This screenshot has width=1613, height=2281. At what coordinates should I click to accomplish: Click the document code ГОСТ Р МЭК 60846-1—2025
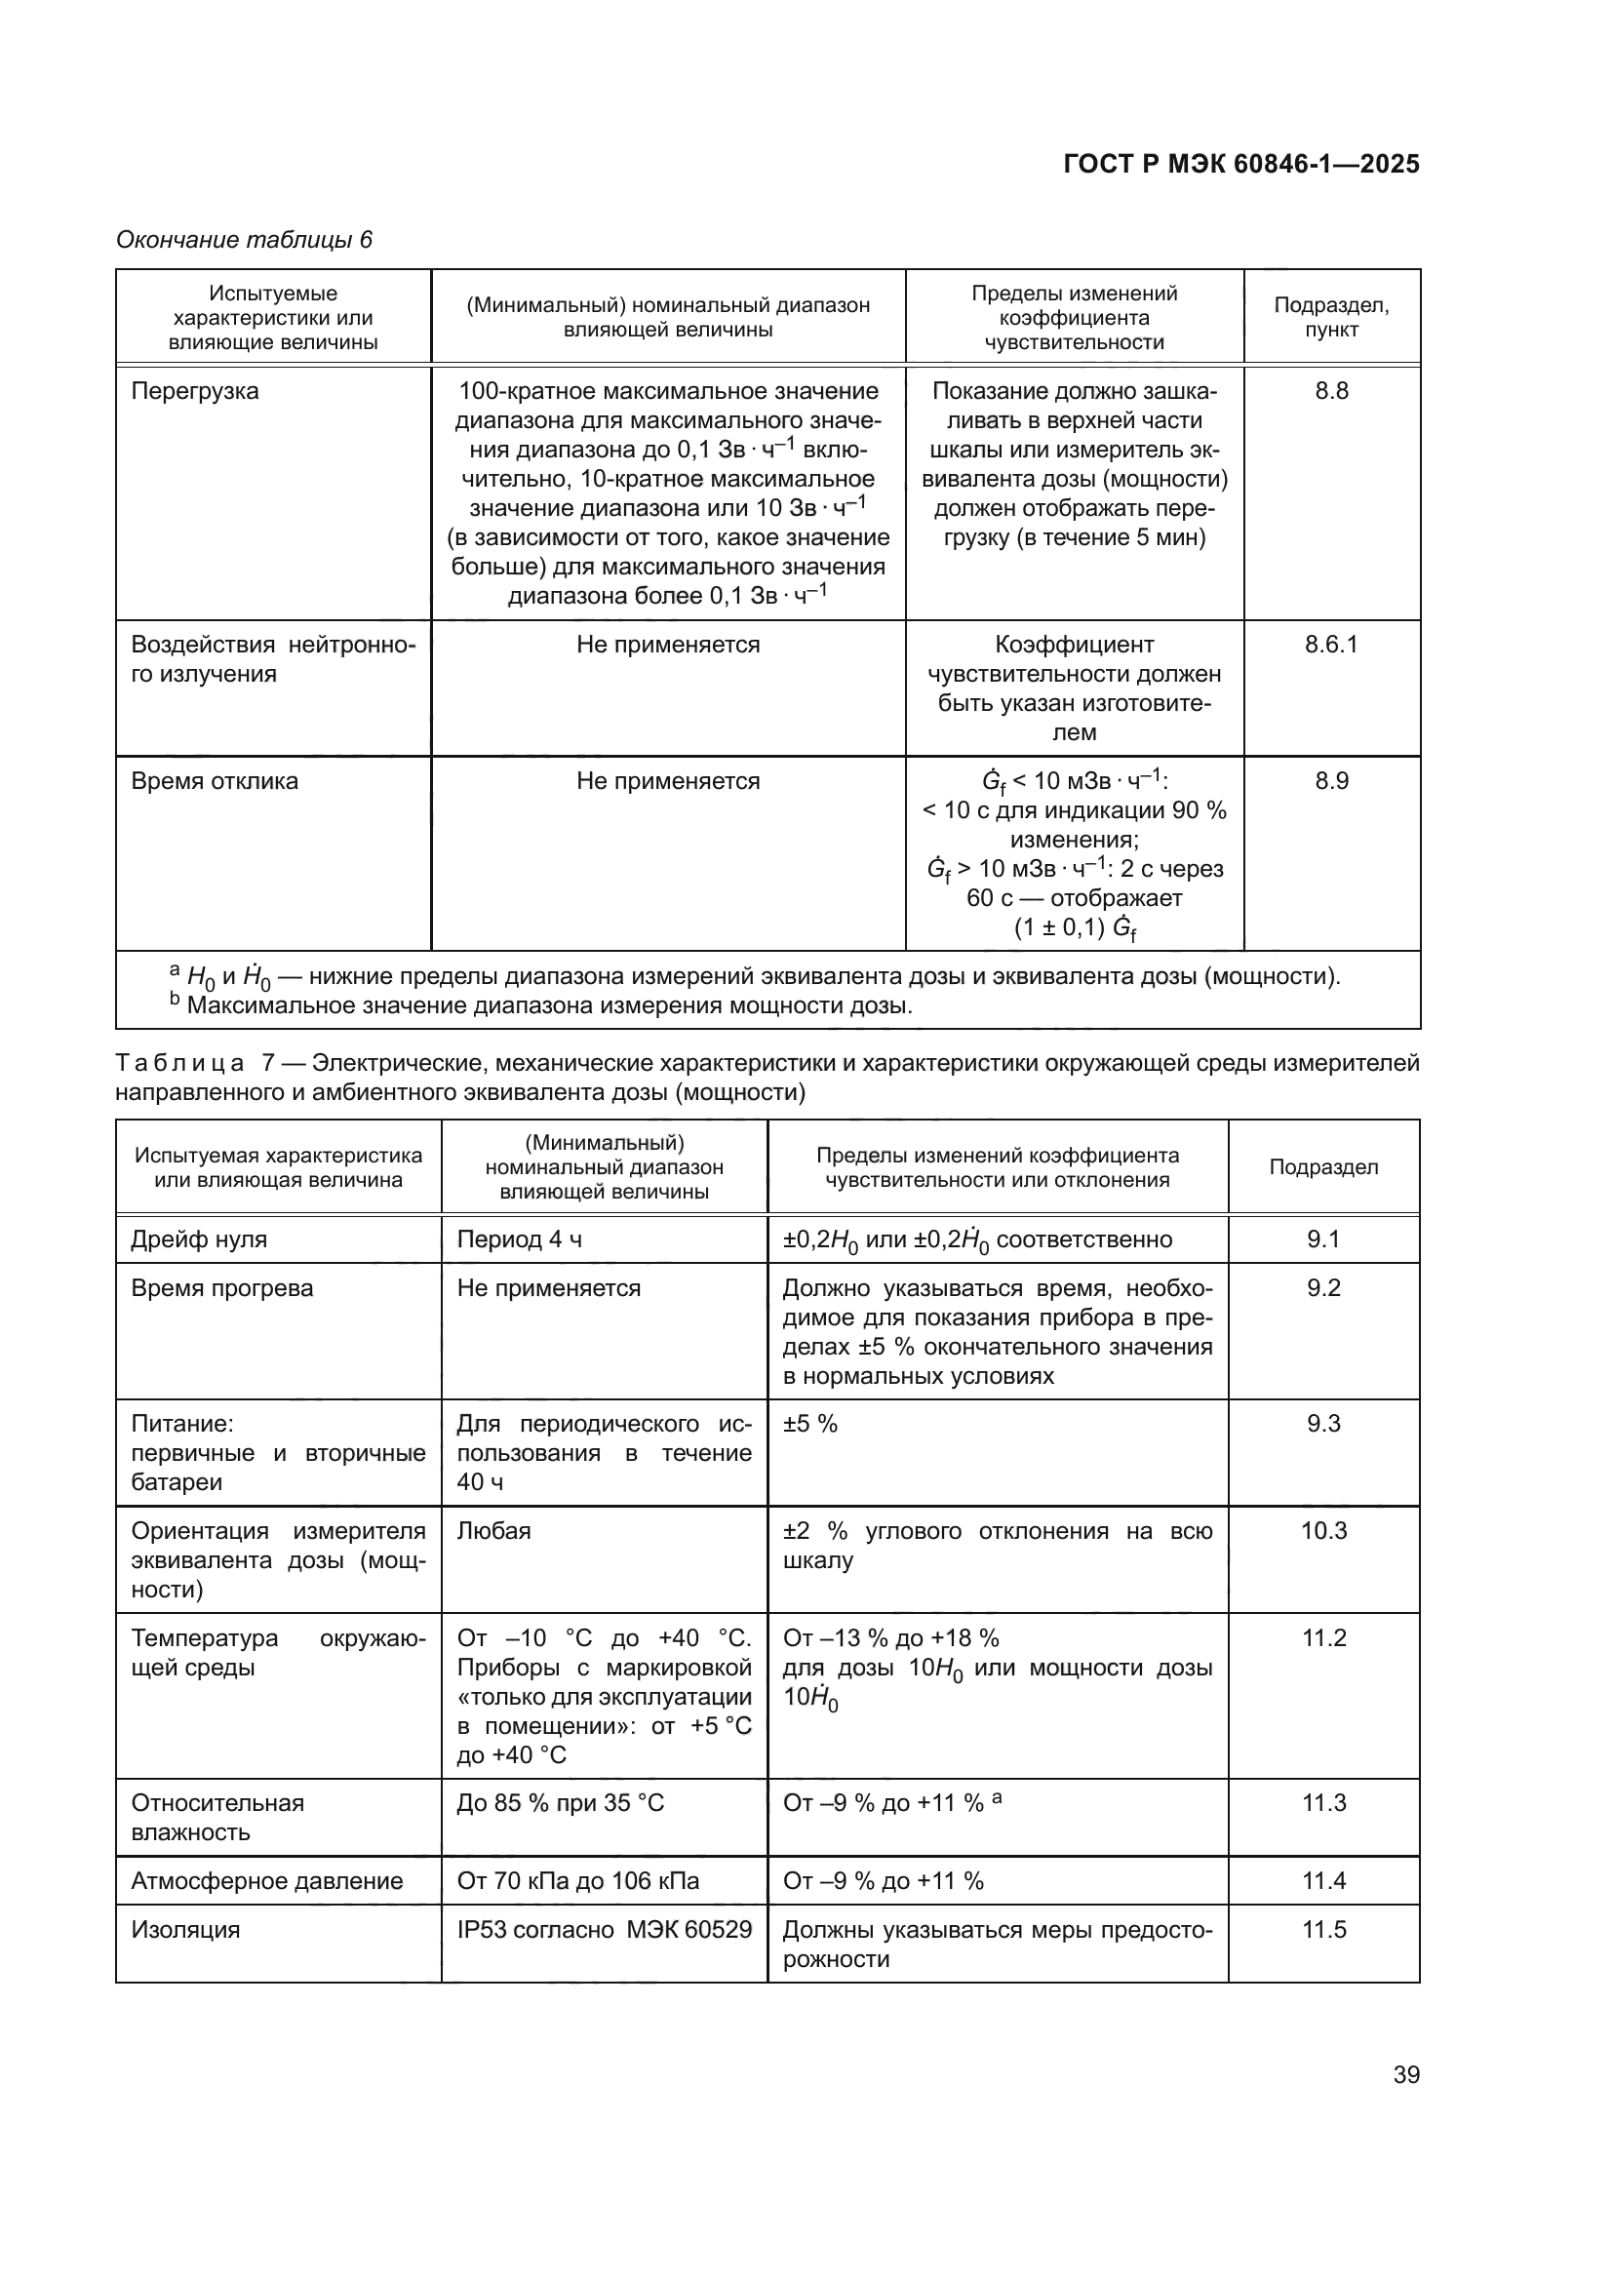pyautogui.click(x=1240, y=164)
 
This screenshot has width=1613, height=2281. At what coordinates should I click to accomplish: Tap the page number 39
pyautogui.click(x=1405, y=2074)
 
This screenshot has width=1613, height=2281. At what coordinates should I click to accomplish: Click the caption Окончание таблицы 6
pyautogui.click(x=245, y=240)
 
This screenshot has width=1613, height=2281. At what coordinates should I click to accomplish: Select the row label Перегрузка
pyautogui.click(x=195, y=390)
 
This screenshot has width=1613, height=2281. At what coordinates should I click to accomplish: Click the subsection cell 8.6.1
pyautogui.click(x=1330, y=644)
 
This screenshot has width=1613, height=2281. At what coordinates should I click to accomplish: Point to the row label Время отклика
pyautogui.click(x=215, y=781)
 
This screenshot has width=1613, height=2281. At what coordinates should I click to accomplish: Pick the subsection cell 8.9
pyautogui.click(x=1331, y=781)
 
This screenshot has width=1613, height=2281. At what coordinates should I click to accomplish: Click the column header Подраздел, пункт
pyautogui.click(x=1331, y=317)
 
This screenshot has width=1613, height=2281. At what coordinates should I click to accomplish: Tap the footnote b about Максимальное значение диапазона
pyautogui.click(x=541, y=1005)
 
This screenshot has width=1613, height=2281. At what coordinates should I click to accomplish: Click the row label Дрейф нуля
pyautogui.click(x=199, y=1239)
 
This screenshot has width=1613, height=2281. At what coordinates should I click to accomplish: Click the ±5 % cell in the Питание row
pyautogui.click(x=810, y=1424)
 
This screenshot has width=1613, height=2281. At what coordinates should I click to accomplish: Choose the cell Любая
pyautogui.click(x=493, y=1531)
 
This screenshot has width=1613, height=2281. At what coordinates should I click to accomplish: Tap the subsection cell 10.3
pyautogui.click(x=1323, y=1531)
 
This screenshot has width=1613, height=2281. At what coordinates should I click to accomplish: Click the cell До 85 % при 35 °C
pyautogui.click(x=560, y=1803)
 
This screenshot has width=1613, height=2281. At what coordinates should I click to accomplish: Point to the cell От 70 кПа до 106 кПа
pyautogui.click(x=578, y=1880)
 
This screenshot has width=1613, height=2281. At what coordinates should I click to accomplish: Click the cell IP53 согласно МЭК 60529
pyautogui.click(x=604, y=1929)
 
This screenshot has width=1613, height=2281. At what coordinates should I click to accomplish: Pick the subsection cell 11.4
pyautogui.click(x=1323, y=1880)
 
